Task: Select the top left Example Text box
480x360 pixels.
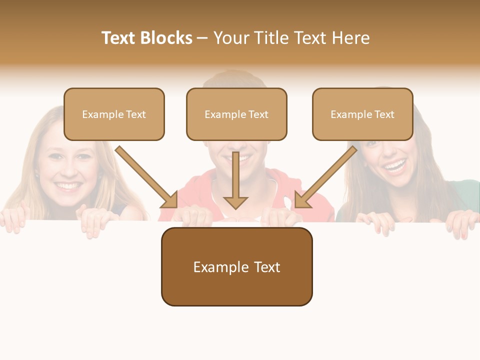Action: [x=114, y=114]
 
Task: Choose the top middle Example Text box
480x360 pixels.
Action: [x=236, y=114]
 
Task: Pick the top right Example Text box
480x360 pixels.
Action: [x=362, y=114]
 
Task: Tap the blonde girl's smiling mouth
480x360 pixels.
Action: [x=68, y=186]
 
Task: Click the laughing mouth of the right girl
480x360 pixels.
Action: [x=395, y=165]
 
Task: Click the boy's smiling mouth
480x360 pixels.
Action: [x=239, y=159]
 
